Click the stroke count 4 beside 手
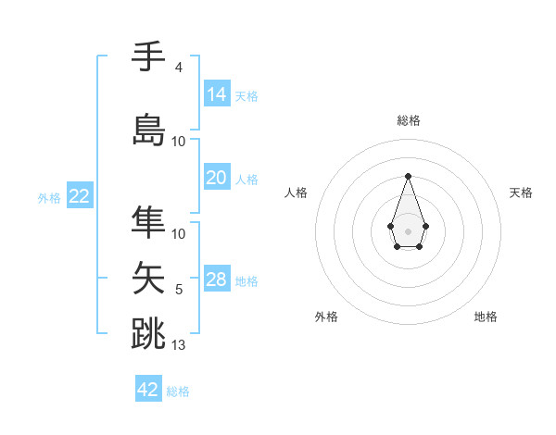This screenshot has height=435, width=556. pos(178,68)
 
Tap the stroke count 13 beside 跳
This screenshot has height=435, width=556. pos(179,345)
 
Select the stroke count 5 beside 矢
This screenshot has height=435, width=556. pos(179,291)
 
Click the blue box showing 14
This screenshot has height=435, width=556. pos(217,94)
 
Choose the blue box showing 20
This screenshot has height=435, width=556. pos(217,178)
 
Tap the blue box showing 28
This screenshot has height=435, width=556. pos(217,280)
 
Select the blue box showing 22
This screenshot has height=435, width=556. pos(79,196)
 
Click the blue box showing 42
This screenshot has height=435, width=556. pos(148,390)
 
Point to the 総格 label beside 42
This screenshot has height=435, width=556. pos(178,391)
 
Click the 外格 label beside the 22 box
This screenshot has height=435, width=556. pos(48,198)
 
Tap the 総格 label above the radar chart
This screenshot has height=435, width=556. pos(408,120)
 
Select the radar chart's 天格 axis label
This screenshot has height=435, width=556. pos(521,193)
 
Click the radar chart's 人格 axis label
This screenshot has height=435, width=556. pos(296,193)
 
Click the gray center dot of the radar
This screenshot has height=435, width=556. pos(408,230)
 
